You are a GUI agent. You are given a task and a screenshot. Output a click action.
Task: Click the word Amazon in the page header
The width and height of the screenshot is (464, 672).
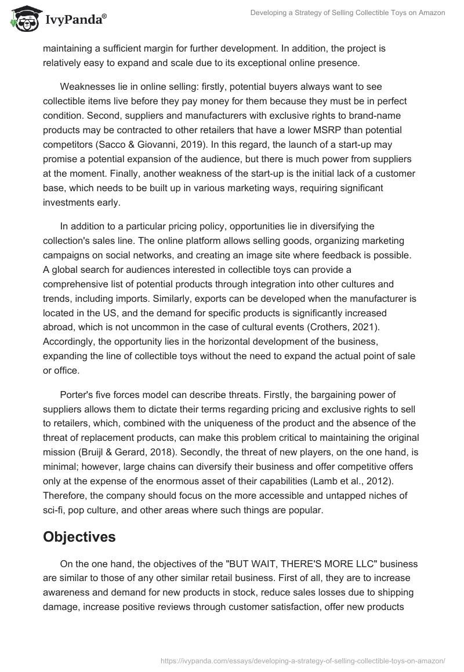point(430,12)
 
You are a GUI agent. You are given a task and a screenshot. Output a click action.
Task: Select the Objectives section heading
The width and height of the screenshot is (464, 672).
point(79,537)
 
